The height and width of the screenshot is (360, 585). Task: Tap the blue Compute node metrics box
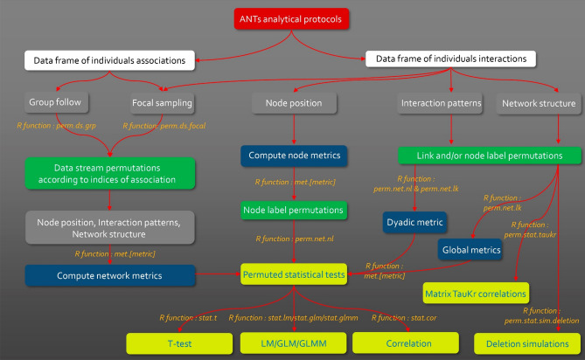282,156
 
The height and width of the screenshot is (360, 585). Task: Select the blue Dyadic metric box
415,223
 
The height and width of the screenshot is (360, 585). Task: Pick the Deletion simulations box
526,343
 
